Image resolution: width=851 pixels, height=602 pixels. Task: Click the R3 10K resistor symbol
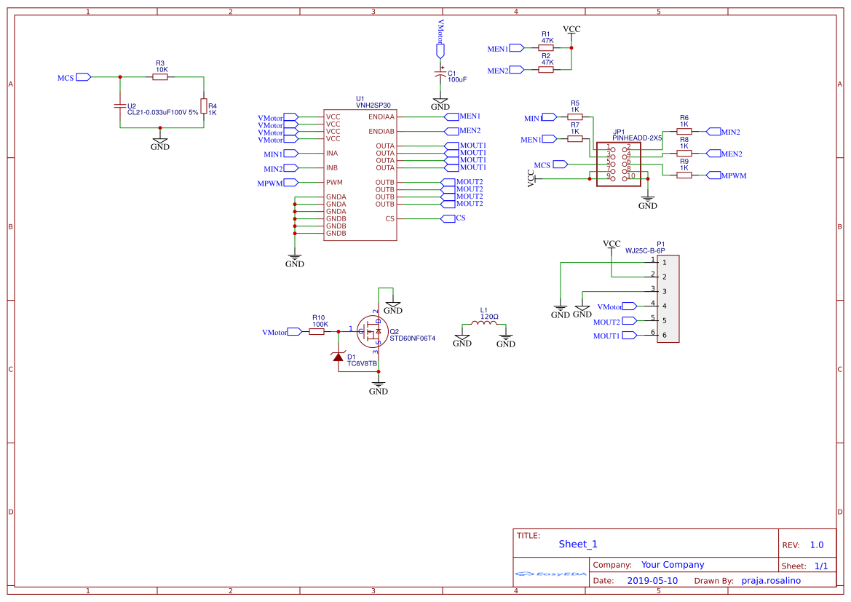pyautogui.click(x=160, y=76)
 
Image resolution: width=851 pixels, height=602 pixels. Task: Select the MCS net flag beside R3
pyautogui.click(x=83, y=76)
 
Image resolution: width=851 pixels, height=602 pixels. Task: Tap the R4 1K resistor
pyautogui.click(x=204, y=106)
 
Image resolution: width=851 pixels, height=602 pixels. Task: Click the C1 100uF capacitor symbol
pyautogui.click(x=440, y=75)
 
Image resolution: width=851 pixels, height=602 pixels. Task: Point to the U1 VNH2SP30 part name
pyautogui.click(x=373, y=106)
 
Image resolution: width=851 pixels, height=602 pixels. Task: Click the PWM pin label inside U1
pyautogui.click(x=334, y=183)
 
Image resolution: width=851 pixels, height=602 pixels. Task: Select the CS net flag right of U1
pyautogui.click(x=448, y=218)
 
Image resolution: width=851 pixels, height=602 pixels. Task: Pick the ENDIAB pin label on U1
pyautogui.click(x=381, y=132)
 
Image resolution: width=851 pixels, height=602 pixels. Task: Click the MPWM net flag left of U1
pyautogui.click(x=290, y=183)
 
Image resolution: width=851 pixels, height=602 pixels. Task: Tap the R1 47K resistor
pyautogui.click(x=546, y=47)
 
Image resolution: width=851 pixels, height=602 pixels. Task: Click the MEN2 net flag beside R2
pyautogui.click(x=516, y=70)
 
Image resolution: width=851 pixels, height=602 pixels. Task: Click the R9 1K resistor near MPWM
pyautogui.click(x=684, y=175)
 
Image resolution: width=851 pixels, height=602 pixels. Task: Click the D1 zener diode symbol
pyautogui.click(x=338, y=357)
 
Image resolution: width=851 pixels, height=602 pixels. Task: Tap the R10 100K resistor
pyautogui.click(x=317, y=331)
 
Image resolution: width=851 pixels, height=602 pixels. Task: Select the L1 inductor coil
pyautogui.click(x=484, y=324)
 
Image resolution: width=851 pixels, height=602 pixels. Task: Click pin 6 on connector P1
pyautogui.click(x=664, y=335)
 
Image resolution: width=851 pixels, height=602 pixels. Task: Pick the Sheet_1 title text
pyautogui.click(x=578, y=544)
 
